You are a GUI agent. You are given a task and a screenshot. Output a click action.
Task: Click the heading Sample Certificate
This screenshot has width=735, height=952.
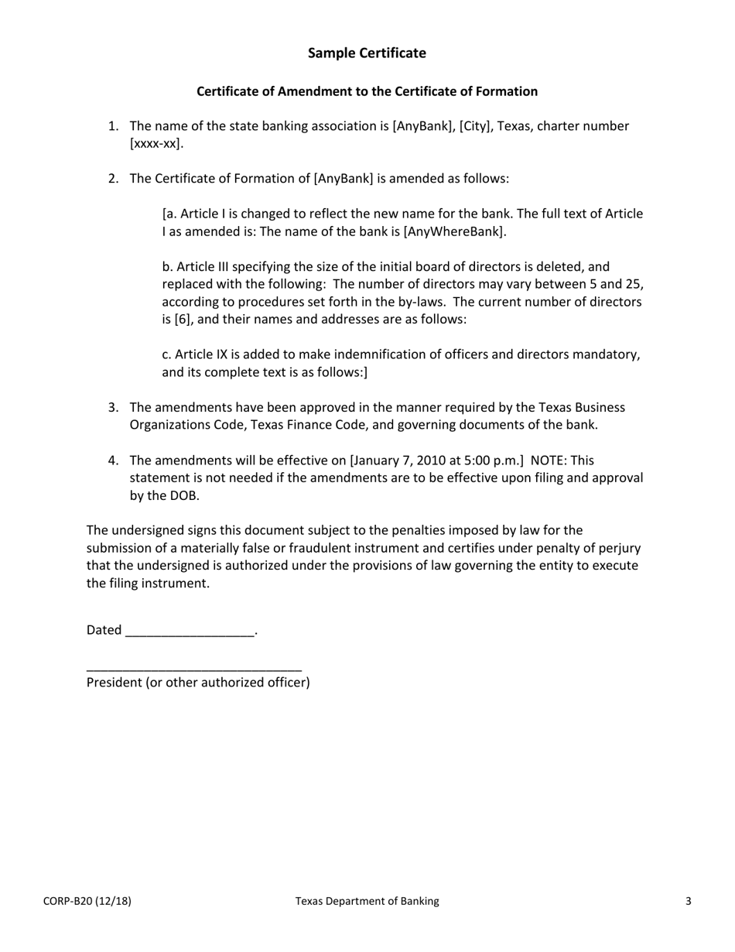[x=367, y=53]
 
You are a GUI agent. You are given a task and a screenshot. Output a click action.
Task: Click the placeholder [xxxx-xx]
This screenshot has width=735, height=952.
[x=156, y=143]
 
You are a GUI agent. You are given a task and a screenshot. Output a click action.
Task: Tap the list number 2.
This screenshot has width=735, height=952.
[x=113, y=179]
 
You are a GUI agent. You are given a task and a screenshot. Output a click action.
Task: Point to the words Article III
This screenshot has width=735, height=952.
[x=200, y=266]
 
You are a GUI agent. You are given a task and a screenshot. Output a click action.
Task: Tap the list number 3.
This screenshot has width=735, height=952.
[x=113, y=407]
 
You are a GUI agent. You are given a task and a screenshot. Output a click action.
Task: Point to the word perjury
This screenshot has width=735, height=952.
[x=618, y=548]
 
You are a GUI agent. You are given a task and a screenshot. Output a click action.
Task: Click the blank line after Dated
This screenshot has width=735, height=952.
[x=190, y=631]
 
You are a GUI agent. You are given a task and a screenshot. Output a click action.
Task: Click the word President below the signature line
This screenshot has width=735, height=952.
[x=114, y=682]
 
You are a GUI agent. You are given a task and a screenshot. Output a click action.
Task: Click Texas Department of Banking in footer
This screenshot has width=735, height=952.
[x=367, y=901]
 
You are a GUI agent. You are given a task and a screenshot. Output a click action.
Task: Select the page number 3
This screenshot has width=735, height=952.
[x=688, y=901]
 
